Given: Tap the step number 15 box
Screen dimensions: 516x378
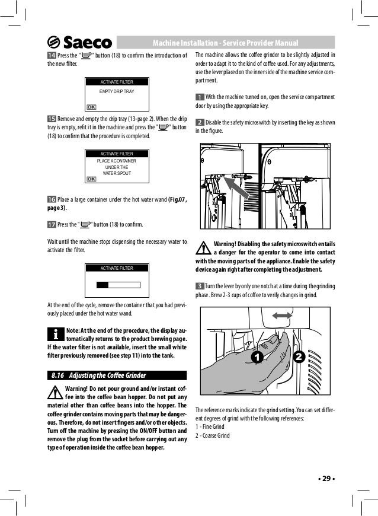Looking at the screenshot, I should point(51,119).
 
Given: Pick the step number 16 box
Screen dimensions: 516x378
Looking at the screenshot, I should point(51,199).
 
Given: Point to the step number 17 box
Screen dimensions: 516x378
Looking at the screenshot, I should point(51,225).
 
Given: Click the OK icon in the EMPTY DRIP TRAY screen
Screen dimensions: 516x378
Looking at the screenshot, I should point(91,107).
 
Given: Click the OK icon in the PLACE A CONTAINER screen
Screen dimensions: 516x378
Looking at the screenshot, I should point(91,179).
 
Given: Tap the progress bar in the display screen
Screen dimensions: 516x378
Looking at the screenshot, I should point(118,284).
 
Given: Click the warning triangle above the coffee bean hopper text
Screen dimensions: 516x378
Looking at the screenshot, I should point(55,393).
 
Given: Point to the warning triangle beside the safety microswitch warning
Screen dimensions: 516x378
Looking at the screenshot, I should point(203,247).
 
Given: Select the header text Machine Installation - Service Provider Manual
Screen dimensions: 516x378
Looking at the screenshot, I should point(225,43).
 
